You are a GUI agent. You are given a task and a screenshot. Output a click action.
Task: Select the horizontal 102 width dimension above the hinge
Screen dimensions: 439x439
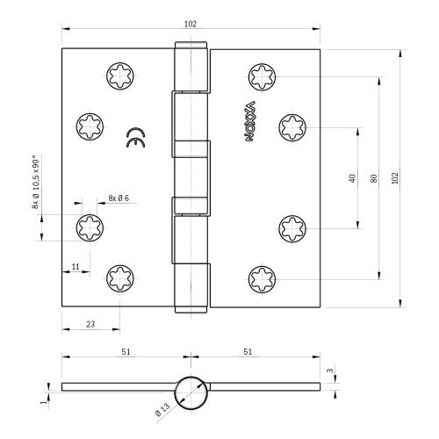191,24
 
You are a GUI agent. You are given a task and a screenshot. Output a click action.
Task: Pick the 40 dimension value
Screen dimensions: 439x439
351,177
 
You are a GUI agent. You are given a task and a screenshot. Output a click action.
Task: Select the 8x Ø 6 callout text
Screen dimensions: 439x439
119,198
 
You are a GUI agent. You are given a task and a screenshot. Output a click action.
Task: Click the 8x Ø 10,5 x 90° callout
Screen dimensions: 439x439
36,183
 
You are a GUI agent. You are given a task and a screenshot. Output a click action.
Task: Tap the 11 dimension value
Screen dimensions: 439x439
75,265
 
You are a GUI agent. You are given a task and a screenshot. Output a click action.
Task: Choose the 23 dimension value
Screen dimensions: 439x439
90,323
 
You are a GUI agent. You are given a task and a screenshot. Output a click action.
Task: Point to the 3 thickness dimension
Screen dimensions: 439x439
329,371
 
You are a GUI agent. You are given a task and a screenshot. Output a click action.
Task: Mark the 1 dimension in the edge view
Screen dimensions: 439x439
42,401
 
